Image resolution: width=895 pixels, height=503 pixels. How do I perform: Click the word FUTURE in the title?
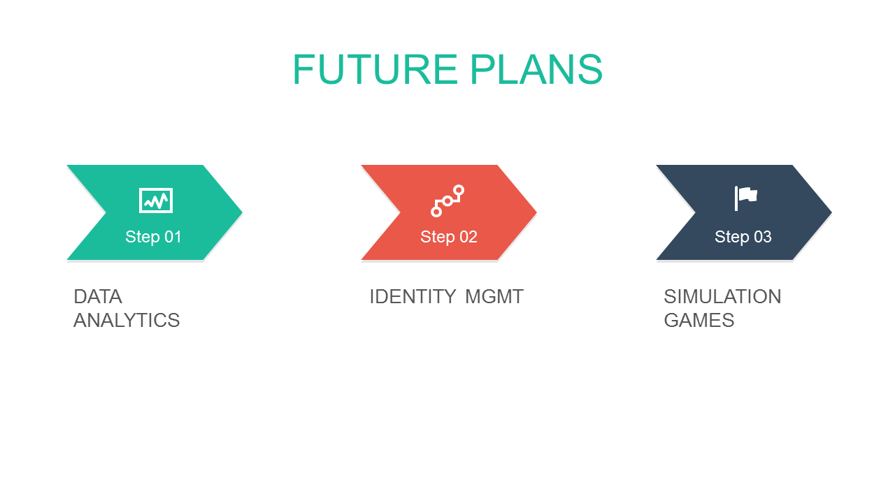[375, 69]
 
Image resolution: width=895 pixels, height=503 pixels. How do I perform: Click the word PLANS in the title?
[536, 69]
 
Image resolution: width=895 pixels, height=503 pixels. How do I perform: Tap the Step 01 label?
[153, 237]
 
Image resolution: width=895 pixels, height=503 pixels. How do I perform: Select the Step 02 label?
[449, 237]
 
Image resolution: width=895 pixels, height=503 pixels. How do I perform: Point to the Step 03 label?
[743, 237]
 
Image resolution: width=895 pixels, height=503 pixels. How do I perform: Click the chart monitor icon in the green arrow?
[156, 201]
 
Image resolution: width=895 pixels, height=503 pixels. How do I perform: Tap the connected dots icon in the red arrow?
[447, 201]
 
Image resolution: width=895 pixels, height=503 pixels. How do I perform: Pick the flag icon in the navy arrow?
[746, 198]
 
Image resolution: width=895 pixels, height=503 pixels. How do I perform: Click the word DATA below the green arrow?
[98, 297]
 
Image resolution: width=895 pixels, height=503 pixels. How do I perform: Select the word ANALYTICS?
[127, 321]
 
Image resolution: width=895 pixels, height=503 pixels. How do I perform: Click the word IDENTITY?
[413, 297]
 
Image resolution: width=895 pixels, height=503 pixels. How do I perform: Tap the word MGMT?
[494, 297]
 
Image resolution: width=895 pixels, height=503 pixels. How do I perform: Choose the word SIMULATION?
[722, 297]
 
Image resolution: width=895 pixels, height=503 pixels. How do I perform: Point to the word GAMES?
[699, 321]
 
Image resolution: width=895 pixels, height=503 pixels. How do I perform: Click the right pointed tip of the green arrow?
[242, 212]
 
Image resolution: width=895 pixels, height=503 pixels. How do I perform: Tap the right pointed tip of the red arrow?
[536, 212]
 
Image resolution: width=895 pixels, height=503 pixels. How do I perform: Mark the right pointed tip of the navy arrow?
[831, 212]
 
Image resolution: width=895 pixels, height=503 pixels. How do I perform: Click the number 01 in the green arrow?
[173, 237]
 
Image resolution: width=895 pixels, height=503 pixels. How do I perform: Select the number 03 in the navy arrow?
[763, 237]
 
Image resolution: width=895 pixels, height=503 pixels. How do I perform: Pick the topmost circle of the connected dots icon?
[459, 191]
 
